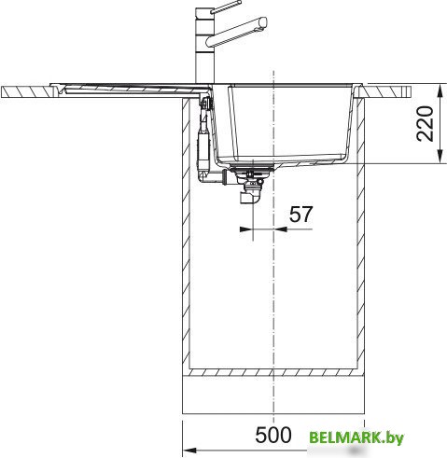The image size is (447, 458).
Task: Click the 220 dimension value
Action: [426, 123]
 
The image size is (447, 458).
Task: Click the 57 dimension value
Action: [300, 215]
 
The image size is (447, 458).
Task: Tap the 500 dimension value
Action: [273, 435]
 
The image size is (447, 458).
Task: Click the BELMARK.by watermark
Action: [356, 437]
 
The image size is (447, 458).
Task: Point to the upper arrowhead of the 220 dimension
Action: [440, 91]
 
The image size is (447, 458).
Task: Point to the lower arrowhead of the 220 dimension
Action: [440, 156]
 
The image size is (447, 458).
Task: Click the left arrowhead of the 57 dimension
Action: [245, 229]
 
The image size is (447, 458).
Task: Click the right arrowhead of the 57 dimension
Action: [280, 229]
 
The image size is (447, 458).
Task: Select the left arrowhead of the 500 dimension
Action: [189, 451]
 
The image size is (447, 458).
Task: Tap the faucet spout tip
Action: [263, 23]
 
